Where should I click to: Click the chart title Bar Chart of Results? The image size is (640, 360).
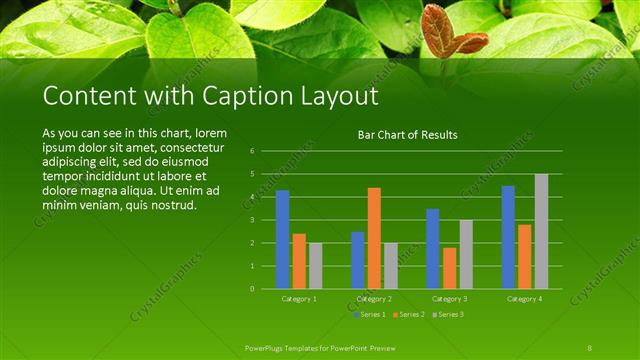tap(408, 135)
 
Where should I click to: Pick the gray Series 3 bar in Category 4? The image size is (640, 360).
tap(541, 231)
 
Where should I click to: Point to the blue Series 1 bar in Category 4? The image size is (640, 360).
tap(508, 237)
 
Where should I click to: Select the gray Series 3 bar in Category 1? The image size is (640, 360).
tap(316, 266)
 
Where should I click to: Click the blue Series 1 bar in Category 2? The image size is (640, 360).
tap(358, 260)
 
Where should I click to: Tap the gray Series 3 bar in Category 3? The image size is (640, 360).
tap(466, 254)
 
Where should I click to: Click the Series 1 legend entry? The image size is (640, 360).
tap(369, 315)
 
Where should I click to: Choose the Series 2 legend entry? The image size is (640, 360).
tap(407, 315)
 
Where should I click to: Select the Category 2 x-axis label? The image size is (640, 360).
tap(374, 299)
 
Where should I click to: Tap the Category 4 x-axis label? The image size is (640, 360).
tap(524, 299)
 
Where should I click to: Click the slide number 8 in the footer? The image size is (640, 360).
tap(590, 347)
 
